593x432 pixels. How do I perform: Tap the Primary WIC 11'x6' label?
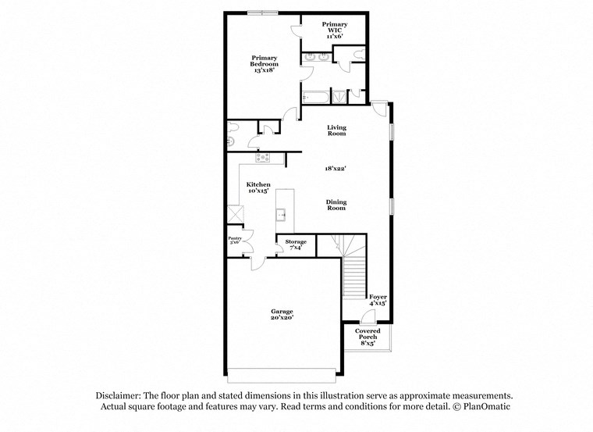tap(334, 30)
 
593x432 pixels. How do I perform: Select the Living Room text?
tap(336, 130)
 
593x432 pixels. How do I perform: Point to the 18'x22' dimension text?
tap(336, 168)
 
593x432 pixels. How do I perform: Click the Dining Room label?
tap(336, 205)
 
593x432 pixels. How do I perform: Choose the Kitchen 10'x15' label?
tap(258, 188)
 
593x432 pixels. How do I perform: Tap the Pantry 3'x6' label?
tap(235, 241)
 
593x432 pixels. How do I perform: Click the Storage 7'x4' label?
tap(296, 245)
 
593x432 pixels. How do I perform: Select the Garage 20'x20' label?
tap(282, 315)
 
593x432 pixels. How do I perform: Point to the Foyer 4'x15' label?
tap(378, 300)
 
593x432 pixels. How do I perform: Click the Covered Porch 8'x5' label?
tap(368, 337)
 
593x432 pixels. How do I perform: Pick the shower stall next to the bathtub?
tap(339, 97)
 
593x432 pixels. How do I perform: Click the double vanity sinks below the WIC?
tap(315, 56)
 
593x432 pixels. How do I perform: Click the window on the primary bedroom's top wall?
tap(262, 12)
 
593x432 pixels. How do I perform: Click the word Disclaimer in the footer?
tap(122, 396)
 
